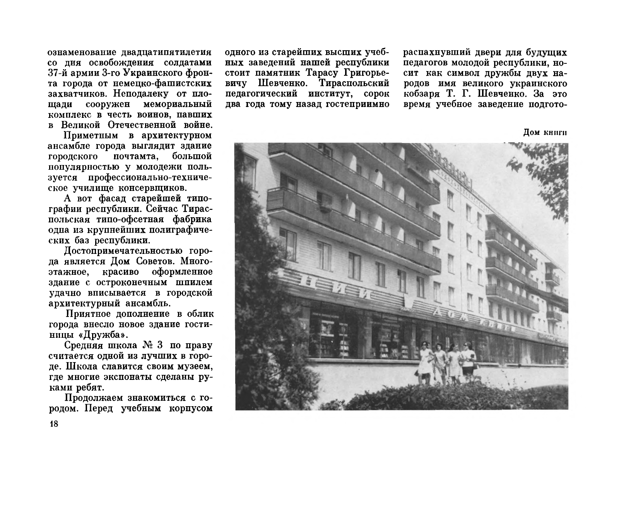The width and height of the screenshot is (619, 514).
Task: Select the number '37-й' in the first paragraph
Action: [x=60, y=73]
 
